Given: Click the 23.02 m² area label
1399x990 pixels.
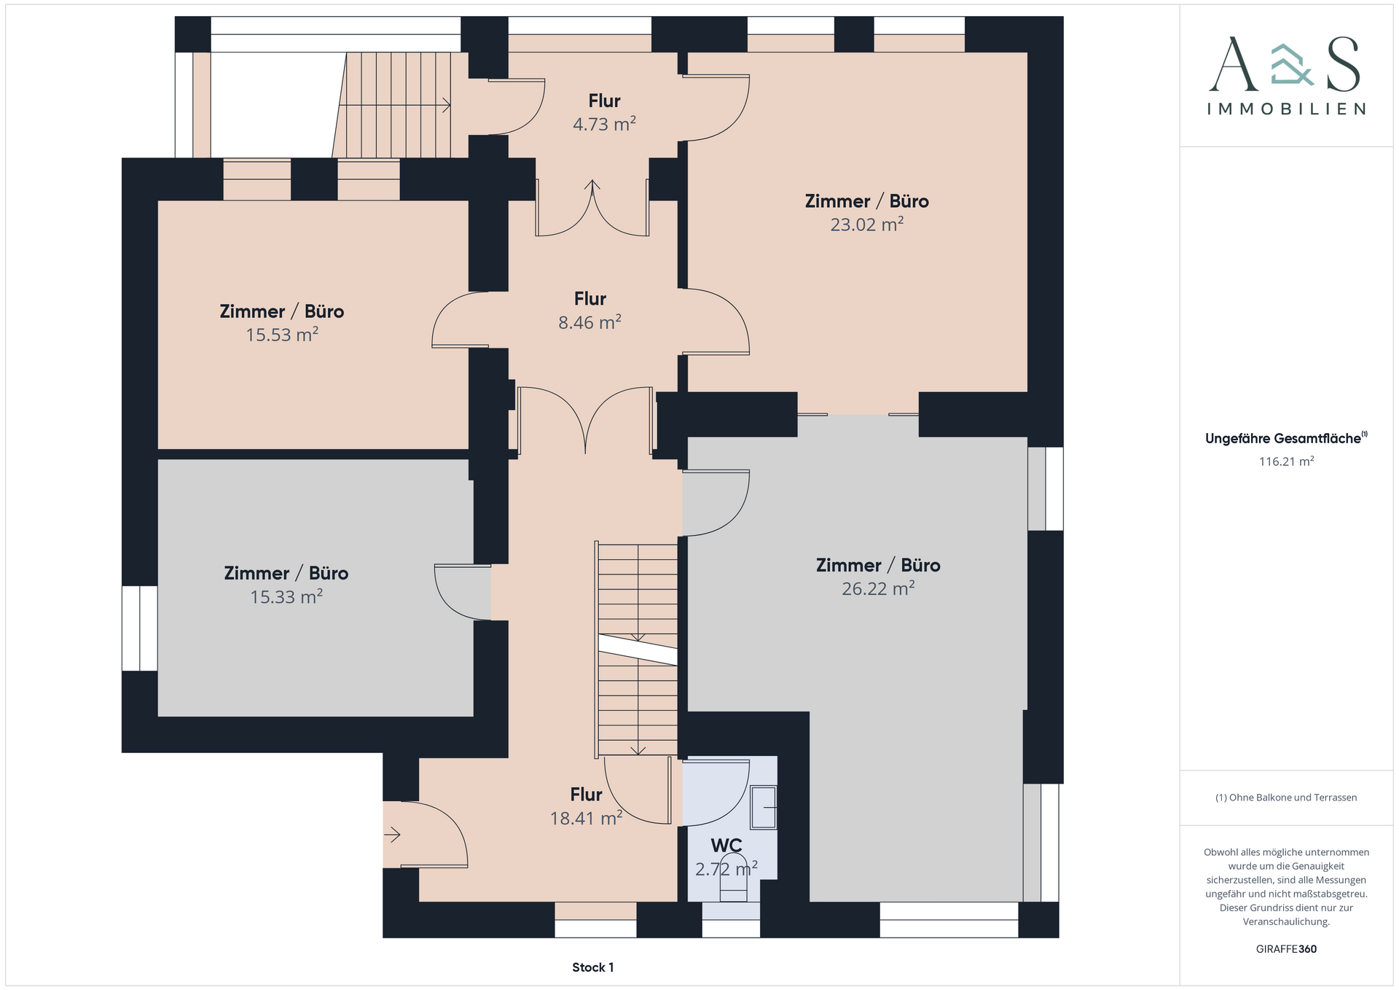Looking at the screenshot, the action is [x=867, y=225].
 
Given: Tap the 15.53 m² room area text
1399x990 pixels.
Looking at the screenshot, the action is [x=282, y=335].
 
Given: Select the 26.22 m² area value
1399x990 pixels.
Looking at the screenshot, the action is [x=878, y=588].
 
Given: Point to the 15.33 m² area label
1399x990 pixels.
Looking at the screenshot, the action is [x=286, y=596].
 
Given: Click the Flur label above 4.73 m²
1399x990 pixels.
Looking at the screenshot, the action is [x=605, y=101].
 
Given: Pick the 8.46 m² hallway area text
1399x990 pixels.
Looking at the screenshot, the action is [x=589, y=322].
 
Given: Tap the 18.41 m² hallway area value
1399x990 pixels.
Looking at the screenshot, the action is [x=586, y=818].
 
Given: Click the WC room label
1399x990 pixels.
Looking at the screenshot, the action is [x=726, y=846].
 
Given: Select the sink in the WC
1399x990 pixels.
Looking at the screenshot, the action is [x=764, y=807].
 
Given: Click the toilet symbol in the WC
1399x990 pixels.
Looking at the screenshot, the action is [x=734, y=885].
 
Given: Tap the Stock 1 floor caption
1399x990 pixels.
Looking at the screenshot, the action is [x=593, y=967].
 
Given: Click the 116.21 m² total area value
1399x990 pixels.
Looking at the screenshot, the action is [x=1287, y=461].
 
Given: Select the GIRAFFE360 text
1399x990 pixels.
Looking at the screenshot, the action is [x=1286, y=949].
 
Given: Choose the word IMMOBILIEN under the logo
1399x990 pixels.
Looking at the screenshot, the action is [x=1287, y=109].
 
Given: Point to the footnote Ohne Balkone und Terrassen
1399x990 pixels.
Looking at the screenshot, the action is [x=1286, y=798].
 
